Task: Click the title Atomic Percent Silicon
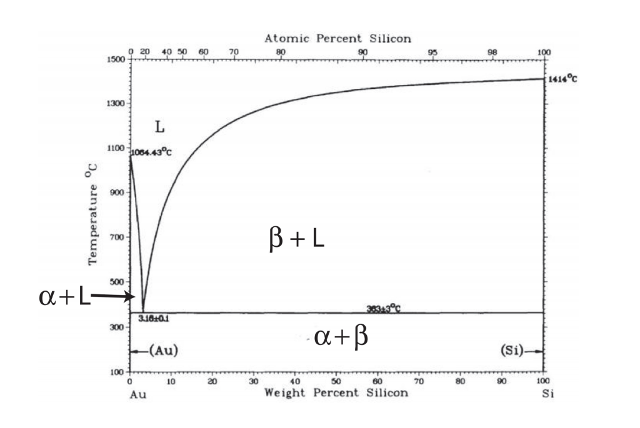(337, 39)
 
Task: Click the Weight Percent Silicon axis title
(336, 392)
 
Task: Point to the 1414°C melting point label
(562, 79)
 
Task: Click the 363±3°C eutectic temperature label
(383, 308)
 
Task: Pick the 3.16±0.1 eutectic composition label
(154, 319)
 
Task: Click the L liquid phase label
(160, 127)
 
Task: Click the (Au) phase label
(163, 352)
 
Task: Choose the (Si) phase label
(513, 352)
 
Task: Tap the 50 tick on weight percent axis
(336, 381)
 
